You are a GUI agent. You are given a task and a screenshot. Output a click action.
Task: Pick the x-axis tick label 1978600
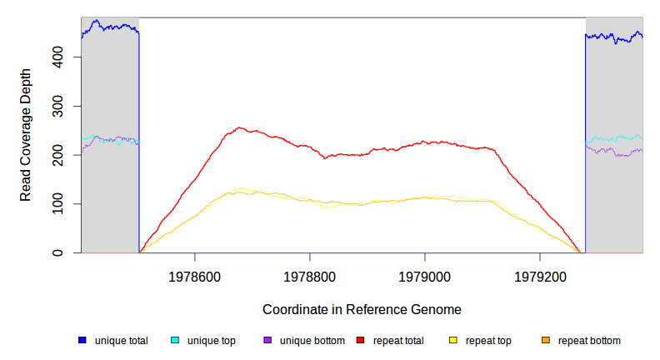pos(194,274)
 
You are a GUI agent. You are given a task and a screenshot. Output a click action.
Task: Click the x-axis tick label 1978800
pos(310,274)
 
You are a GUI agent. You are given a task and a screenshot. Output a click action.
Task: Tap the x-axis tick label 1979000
pos(425,274)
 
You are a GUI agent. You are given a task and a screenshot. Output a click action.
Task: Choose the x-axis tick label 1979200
pos(540,274)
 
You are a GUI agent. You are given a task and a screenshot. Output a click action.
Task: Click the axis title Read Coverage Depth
pos(26,135)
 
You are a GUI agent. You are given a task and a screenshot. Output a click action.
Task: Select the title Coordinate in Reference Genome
pos(362,309)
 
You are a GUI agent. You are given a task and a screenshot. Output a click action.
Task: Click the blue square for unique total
pos(82,341)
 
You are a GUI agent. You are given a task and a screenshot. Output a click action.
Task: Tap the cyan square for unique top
pos(175,341)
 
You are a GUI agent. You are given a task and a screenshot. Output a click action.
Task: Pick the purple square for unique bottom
pos(267,341)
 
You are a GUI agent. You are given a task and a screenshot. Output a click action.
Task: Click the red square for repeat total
pos(361,341)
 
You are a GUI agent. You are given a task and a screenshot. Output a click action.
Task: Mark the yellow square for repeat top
pos(453,341)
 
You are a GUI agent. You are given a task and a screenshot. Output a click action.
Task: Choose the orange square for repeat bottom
pos(546,341)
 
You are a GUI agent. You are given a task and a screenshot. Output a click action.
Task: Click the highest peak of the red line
pos(239,127)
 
